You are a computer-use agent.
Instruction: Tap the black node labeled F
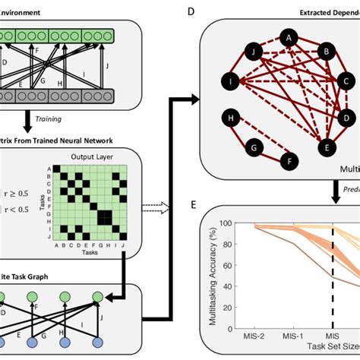[289, 162]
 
